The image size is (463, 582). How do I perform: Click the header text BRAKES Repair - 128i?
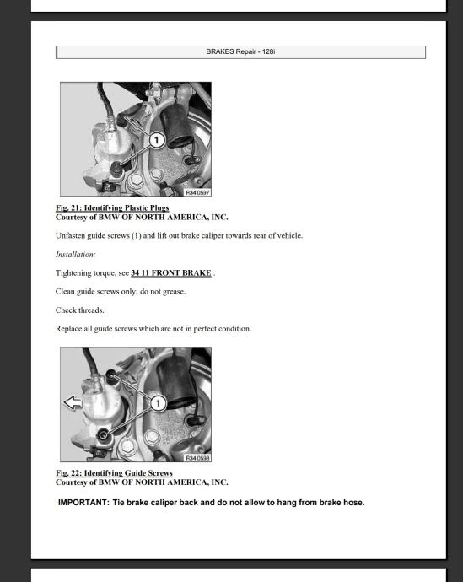click(x=240, y=51)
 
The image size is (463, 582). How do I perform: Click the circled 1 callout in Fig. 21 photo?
click(x=157, y=140)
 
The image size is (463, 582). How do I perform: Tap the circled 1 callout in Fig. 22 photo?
click(x=158, y=403)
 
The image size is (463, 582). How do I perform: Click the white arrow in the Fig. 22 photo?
click(x=73, y=402)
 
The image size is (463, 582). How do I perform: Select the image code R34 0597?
click(x=197, y=192)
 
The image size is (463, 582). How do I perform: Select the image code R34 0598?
click(x=197, y=458)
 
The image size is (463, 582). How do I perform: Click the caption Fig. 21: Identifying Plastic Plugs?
click(x=112, y=207)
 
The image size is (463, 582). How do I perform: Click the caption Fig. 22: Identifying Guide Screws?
click(x=114, y=473)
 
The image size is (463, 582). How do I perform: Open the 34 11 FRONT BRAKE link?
click(x=171, y=272)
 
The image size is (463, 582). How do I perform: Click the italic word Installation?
click(x=75, y=255)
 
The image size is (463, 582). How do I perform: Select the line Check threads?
click(x=80, y=310)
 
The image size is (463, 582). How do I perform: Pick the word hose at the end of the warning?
click(x=354, y=503)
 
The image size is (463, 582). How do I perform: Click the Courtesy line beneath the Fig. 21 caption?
click(x=142, y=217)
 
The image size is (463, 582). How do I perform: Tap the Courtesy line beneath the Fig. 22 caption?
click(x=142, y=482)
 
